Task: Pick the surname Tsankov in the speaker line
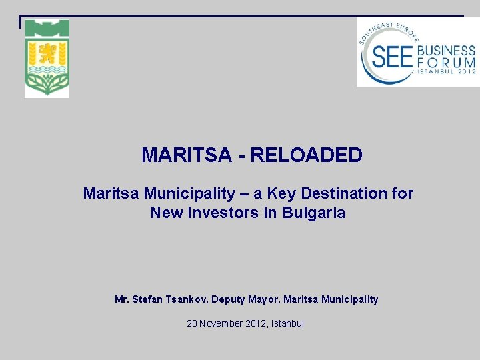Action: click(183, 299)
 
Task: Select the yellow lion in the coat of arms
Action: click(47, 51)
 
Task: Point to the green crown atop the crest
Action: click(47, 27)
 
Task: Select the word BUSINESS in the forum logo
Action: click(446, 51)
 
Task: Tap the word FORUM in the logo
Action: click(446, 63)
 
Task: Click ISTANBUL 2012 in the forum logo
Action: click(446, 72)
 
